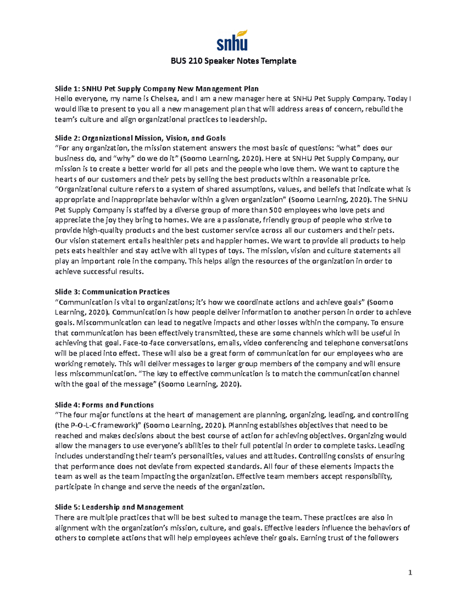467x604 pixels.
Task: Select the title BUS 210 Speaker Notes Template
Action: coord(233,61)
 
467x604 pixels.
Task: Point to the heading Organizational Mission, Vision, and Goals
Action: coord(154,138)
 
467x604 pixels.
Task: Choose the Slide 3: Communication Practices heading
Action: coord(112,292)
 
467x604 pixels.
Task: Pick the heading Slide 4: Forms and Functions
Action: coord(104,405)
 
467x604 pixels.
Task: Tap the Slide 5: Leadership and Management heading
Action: coord(119,507)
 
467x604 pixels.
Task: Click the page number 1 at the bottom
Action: coord(410,573)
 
